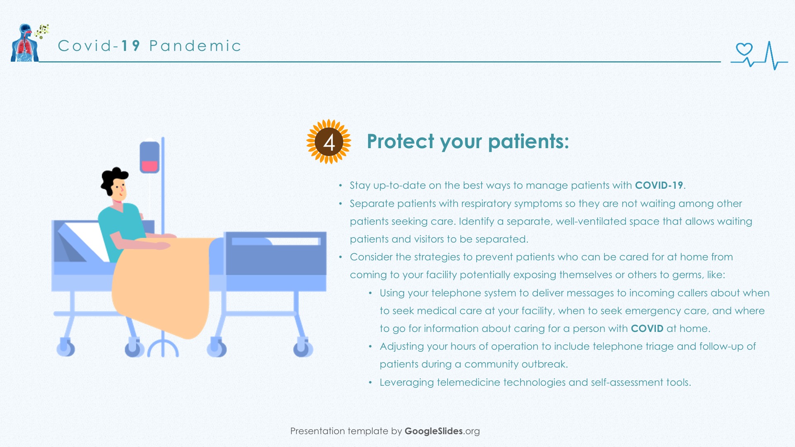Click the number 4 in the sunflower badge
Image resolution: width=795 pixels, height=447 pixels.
[x=329, y=143]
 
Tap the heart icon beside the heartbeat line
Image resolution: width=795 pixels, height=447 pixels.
[x=744, y=49]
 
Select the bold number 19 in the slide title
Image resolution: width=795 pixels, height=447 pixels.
[x=130, y=46]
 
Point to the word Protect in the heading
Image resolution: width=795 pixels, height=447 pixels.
[x=401, y=142]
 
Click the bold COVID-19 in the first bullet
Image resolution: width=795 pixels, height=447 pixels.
[x=659, y=185]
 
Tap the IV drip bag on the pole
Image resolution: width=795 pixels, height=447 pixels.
[x=149, y=157]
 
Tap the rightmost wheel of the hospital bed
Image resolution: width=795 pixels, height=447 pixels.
[x=303, y=347]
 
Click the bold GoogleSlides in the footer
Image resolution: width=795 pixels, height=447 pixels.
[x=434, y=431]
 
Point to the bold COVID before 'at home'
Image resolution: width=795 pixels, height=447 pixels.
[x=647, y=329]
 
